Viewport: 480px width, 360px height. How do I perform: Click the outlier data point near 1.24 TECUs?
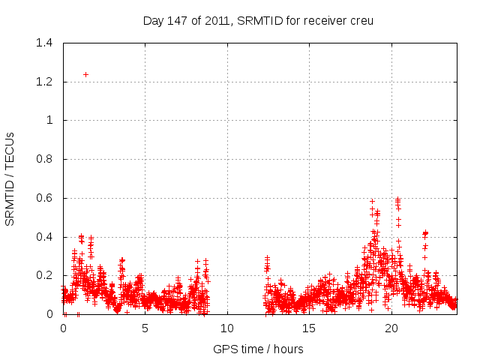[x=85, y=74]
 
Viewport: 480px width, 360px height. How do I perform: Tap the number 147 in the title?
[x=178, y=20]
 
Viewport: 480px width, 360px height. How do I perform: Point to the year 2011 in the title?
[x=214, y=20]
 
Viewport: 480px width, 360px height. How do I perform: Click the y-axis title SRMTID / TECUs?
[x=10, y=178]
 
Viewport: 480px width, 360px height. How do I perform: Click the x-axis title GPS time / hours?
[x=259, y=349]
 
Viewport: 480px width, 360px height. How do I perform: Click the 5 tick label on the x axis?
[x=145, y=328]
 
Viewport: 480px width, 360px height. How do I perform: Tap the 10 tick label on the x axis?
[x=227, y=328]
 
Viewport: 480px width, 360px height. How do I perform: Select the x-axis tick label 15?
[x=309, y=328]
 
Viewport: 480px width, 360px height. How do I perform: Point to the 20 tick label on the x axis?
[x=391, y=328]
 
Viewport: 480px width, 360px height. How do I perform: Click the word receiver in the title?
[x=321, y=20]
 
